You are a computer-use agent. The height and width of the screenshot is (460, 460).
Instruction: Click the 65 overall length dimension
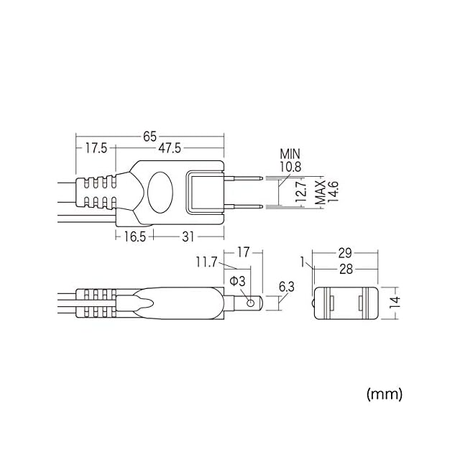point(149,137)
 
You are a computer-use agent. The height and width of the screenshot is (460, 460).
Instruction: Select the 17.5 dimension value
point(96,148)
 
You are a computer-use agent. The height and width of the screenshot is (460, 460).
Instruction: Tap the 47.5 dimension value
point(170,148)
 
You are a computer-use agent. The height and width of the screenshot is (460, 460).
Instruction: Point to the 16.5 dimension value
point(134,236)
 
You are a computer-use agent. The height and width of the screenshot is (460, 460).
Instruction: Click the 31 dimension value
point(188,236)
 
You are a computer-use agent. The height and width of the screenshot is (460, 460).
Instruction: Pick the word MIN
point(290,154)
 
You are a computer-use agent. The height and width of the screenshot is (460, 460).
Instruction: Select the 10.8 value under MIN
point(290,167)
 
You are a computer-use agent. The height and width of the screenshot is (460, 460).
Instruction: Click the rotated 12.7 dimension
point(300,192)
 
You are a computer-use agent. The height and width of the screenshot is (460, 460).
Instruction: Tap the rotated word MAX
point(320,193)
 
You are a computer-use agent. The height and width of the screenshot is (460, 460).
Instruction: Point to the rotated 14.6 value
point(333,192)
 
